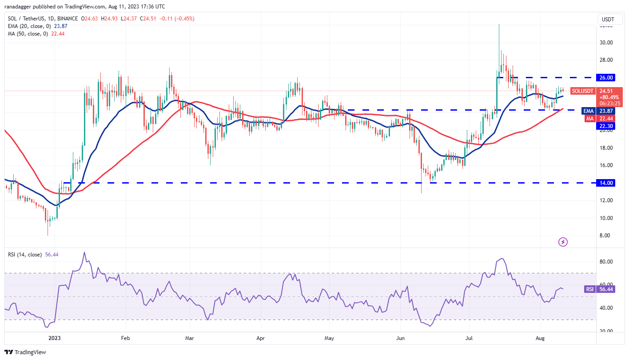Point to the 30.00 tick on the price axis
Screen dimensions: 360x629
[x=607, y=43]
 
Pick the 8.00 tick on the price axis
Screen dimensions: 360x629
[x=607, y=236]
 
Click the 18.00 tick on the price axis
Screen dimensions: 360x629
[x=607, y=148]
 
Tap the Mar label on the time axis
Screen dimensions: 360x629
[x=190, y=338]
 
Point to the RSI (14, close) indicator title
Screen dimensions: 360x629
[x=25, y=255]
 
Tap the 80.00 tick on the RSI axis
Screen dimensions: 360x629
[x=607, y=262]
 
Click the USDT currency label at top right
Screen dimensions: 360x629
[x=607, y=19]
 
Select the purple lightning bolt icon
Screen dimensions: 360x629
[x=563, y=242]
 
